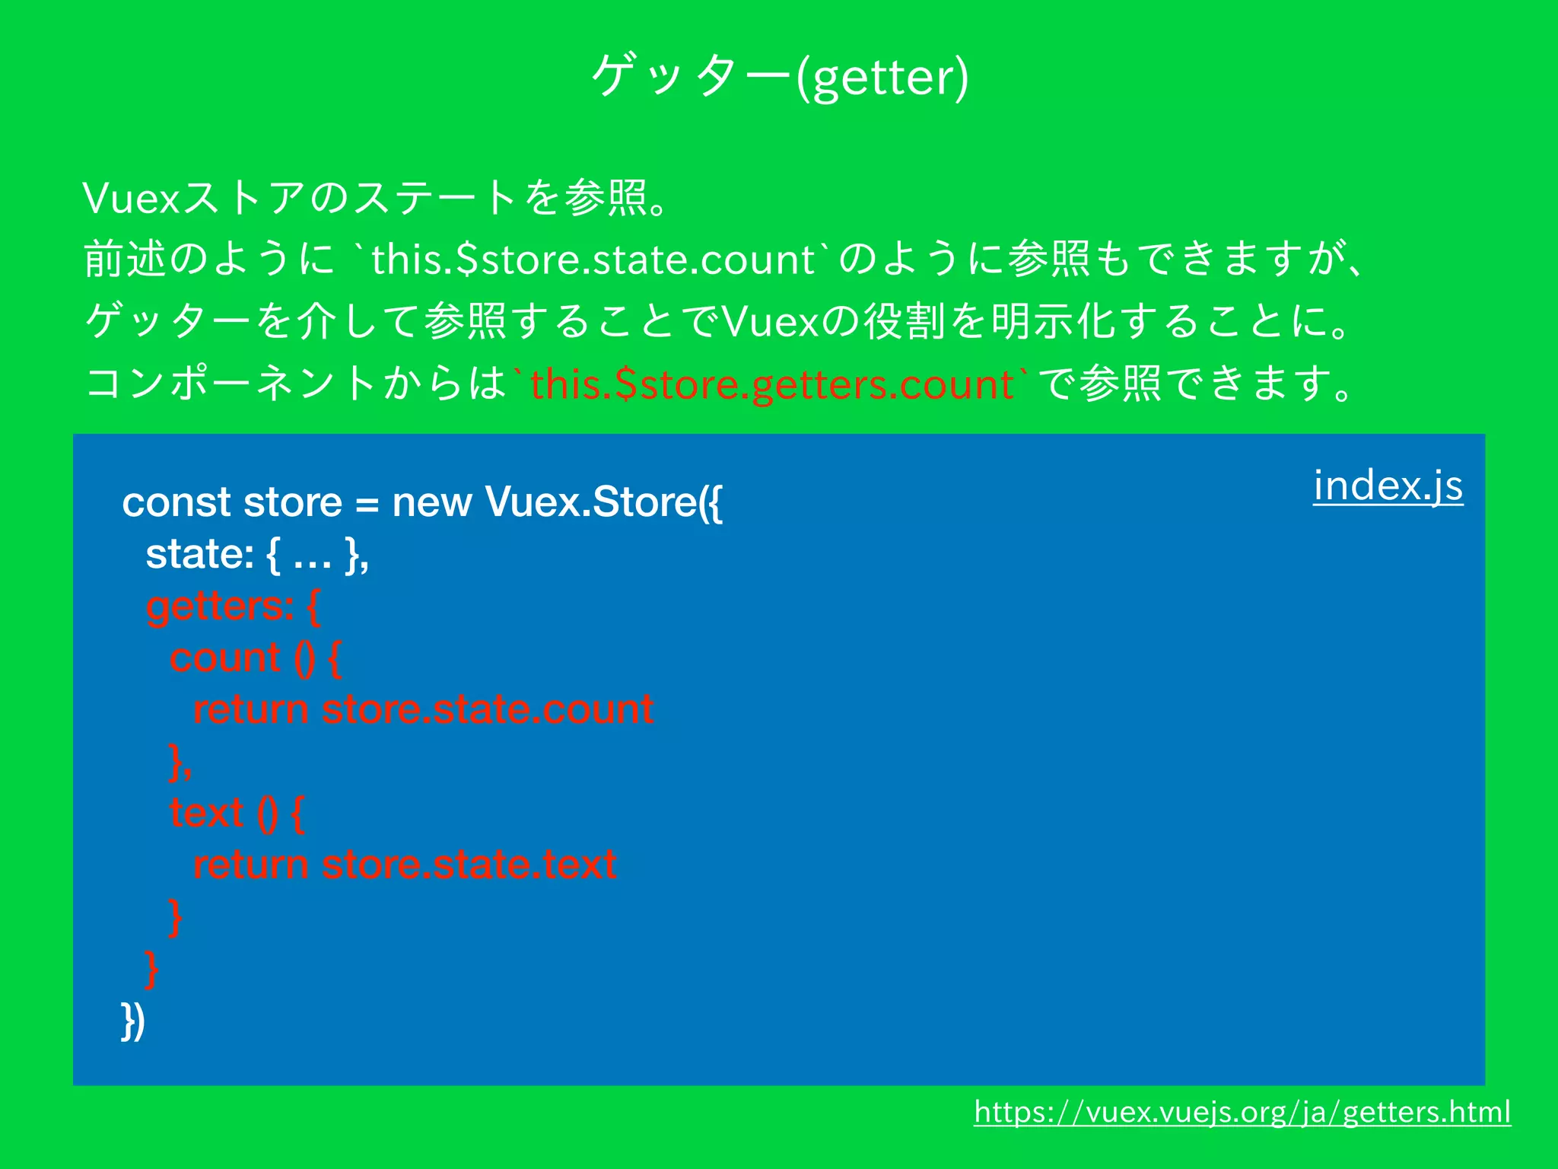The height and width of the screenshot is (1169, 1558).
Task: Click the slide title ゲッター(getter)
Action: (x=780, y=76)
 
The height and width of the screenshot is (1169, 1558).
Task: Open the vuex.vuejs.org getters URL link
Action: (x=1242, y=1113)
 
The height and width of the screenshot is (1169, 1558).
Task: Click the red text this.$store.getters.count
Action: (x=771, y=384)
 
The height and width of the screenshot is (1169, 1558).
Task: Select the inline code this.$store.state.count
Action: (x=593, y=260)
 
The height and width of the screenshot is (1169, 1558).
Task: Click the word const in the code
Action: (x=176, y=502)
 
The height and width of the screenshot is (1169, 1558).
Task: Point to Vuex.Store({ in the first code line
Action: (x=603, y=502)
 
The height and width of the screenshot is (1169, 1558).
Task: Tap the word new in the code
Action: (x=431, y=502)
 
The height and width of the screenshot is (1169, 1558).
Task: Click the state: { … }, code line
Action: (x=257, y=554)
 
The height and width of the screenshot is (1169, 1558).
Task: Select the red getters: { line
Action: (x=233, y=607)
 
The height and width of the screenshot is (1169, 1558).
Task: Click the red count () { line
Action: (x=255, y=658)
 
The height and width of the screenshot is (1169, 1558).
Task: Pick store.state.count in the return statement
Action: (x=488, y=709)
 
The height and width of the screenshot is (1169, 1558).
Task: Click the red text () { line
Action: (x=237, y=813)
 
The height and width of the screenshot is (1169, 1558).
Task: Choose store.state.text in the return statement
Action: (x=469, y=865)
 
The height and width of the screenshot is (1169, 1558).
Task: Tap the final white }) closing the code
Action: (x=133, y=1021)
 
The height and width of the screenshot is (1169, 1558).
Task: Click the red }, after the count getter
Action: (x=180, y=762)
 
